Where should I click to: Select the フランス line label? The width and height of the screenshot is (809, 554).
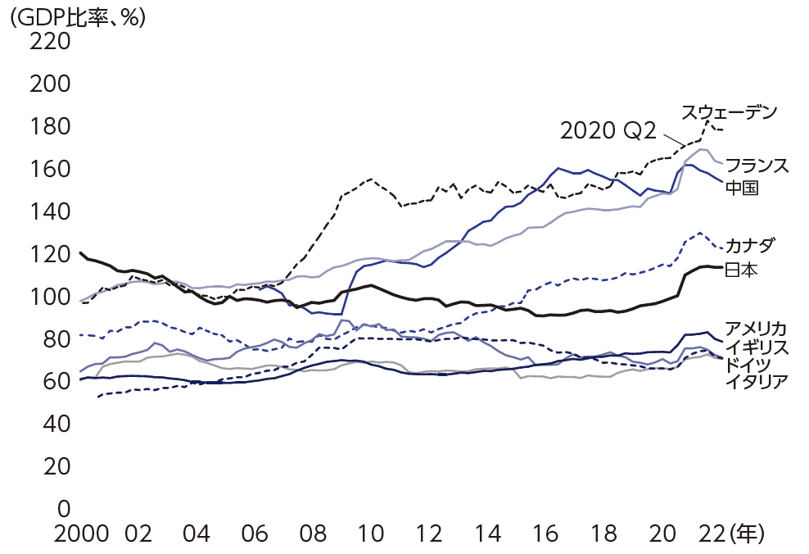click(757, 166)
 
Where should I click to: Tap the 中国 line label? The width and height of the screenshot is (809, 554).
click(741, 188)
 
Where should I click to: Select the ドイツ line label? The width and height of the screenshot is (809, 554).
click(748, 364)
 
